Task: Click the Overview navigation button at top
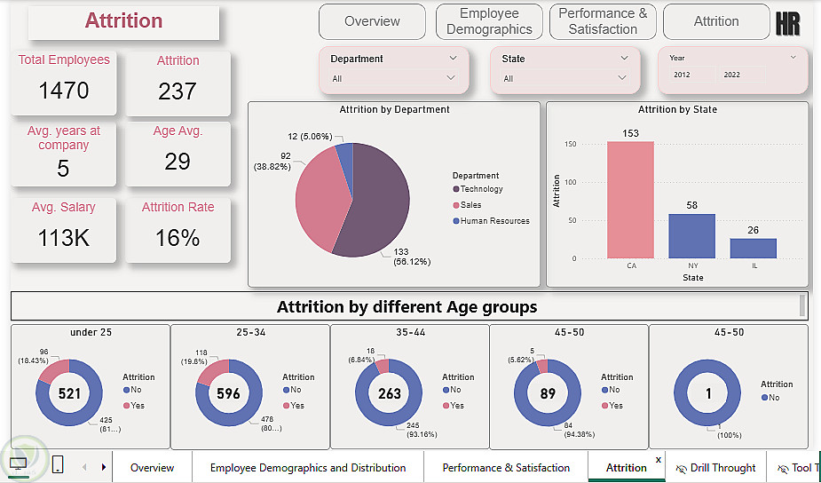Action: tap(372, 21)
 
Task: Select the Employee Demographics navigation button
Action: tap(489, 21)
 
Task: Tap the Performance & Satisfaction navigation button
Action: tap(603, 21)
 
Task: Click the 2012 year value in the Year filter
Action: tap(682, 75)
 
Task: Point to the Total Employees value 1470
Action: tap(64, 90)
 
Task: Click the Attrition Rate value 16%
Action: tap(178, 238)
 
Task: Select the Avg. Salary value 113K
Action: tap(64, 238)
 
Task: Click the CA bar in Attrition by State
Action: tap(630, 200)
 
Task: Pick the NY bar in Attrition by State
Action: tap(691, 236)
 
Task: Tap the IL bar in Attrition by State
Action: tap(753, 249)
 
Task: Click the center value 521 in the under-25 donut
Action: tap(68, 393)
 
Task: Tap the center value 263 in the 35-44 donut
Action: tap(389, 393)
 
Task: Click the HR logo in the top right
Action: tap(787, 24)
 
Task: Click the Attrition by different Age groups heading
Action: tap(407, 307)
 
